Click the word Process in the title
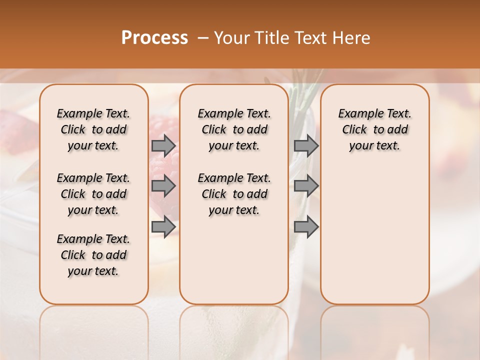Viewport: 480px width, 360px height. pyautogui.click(x=154, y=38)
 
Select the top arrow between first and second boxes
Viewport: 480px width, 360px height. pyautogui.click(x=163, y=145)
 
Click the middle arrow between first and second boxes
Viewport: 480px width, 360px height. pyautogui.click(x=163, y=186)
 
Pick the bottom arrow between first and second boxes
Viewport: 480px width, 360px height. pyautogui.click(x=163, y=226)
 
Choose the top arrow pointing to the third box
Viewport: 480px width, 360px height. pyautogui.click(x=306, y=145)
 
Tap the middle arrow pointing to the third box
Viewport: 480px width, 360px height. pyautogui.click(x=306, y=186)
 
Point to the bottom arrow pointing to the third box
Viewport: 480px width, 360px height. pyautogui.click(x=306, y=226)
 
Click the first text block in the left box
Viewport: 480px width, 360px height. pyautogui.click(x=93, y=129)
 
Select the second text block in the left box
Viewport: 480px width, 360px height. pyautogui.click(x=93, y=194)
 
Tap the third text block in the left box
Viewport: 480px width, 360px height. pyautogui.click(x=93, y=255)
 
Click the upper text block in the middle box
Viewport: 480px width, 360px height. pyautogui.click(x=234, y=129)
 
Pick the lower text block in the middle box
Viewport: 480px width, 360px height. pyautogui.click(x=234, y=194)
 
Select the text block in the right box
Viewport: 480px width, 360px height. pyautogui.click(x=374, y=129)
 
